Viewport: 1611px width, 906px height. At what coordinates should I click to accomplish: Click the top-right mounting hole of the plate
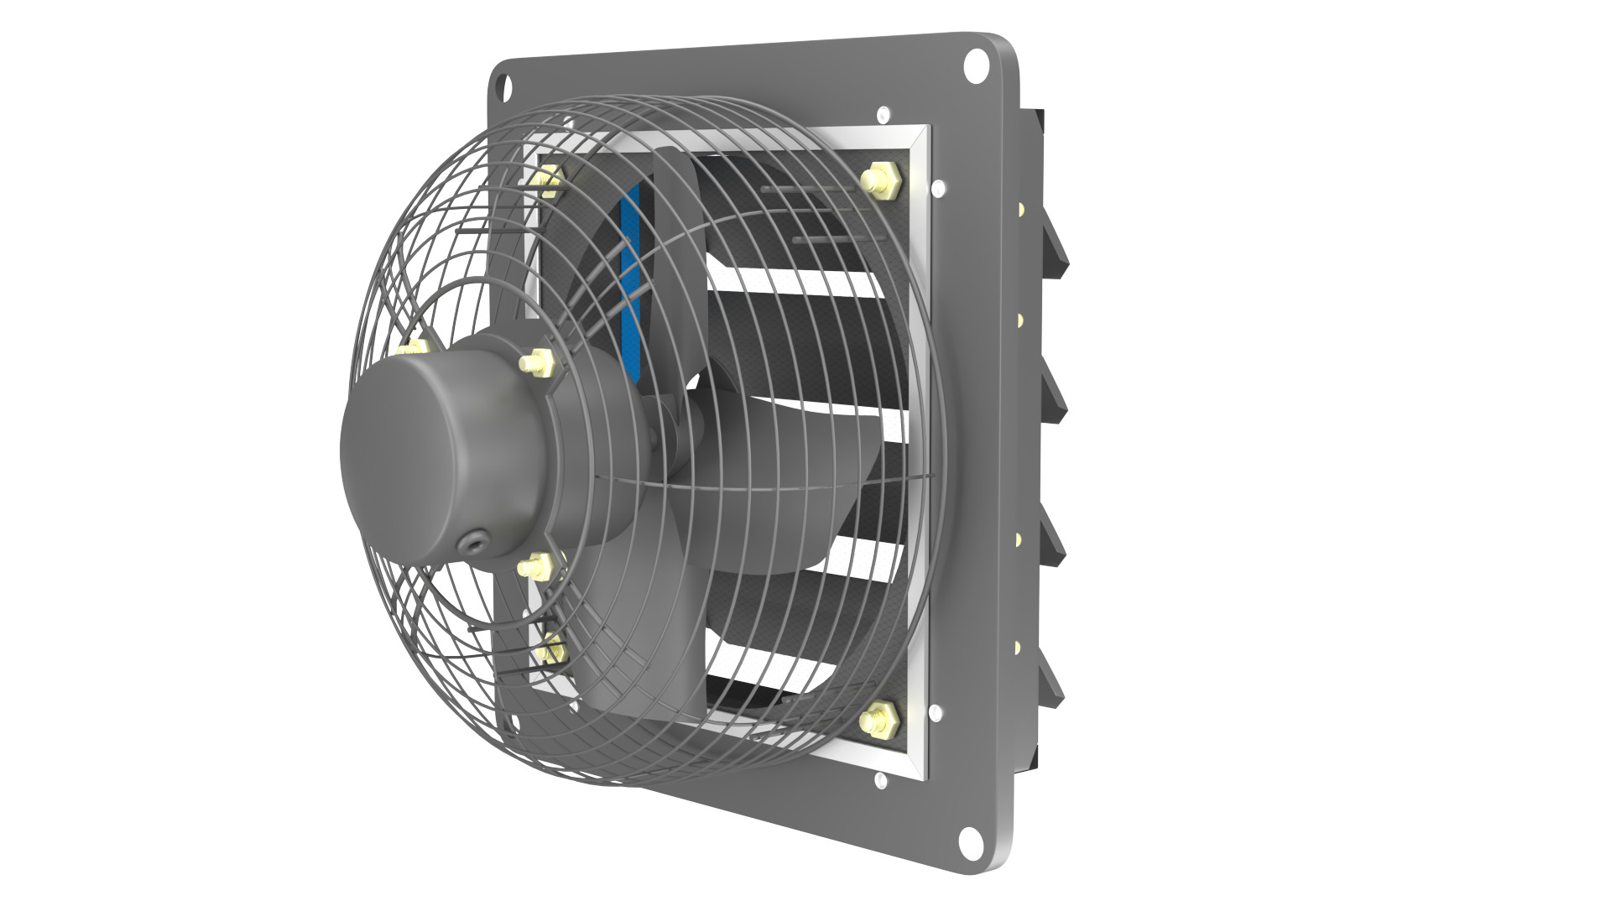click(976, 65)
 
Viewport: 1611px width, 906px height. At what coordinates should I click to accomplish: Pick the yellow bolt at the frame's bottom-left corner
click(550, 650)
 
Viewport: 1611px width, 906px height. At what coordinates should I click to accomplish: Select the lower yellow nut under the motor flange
click(534, 568)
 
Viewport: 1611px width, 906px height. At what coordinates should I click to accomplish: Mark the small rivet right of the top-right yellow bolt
click(937, 188)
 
